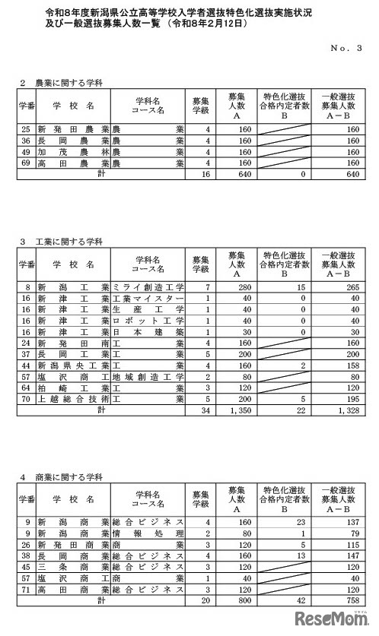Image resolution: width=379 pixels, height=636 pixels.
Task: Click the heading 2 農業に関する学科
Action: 60,81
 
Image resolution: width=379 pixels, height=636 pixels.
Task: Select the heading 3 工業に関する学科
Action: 60,242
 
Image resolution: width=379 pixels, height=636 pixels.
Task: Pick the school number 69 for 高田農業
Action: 27,163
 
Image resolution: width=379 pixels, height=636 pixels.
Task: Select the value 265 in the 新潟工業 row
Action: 349,287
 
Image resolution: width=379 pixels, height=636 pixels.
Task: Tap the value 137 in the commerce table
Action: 349,523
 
